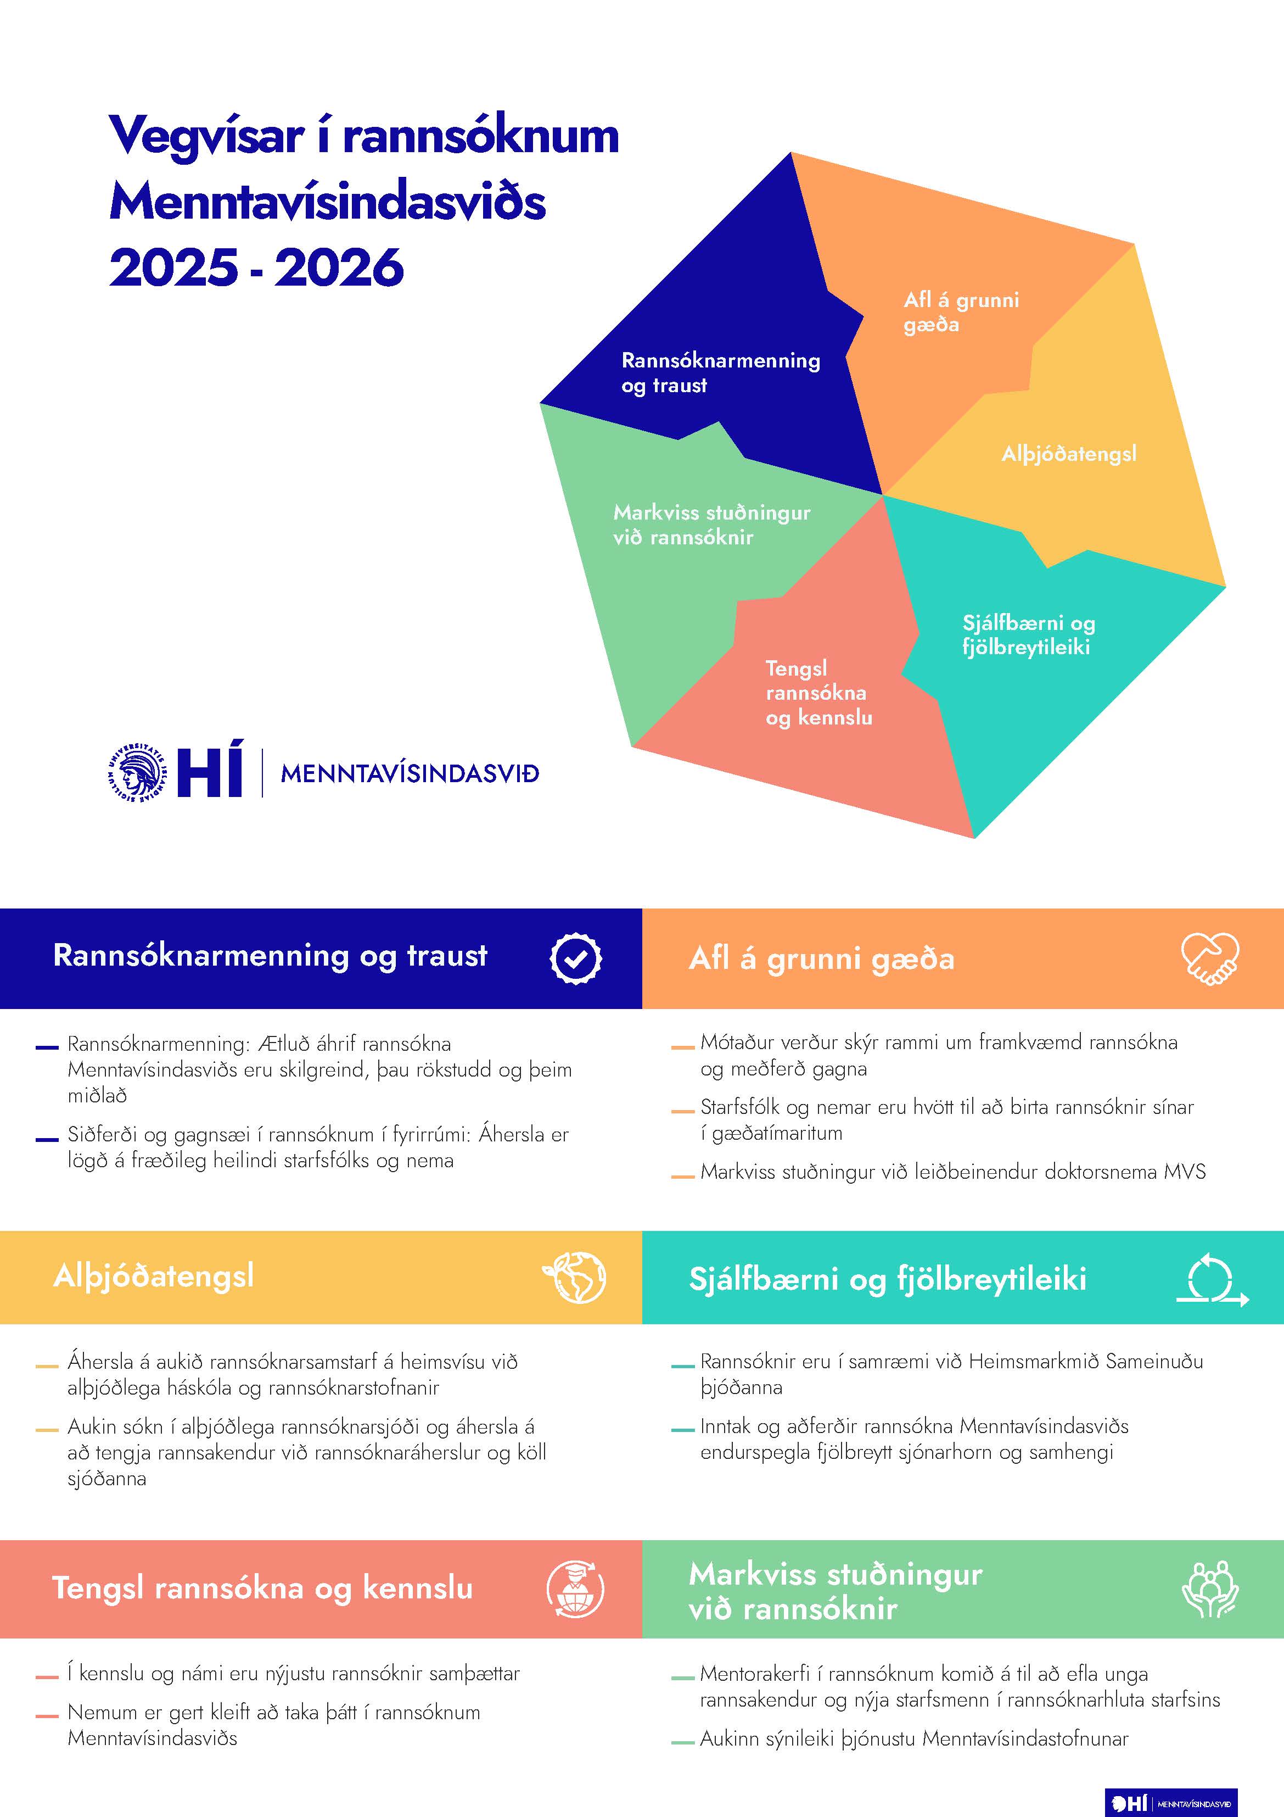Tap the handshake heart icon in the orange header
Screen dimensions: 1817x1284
click(1210, 958)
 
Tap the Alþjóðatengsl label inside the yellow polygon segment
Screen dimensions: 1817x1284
click(1068, 454)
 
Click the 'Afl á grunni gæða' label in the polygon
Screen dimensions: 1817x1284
click(961, 312)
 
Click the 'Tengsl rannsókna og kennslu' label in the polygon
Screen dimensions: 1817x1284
click(818, 693)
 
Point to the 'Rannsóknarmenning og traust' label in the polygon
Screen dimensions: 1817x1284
click(720, 373)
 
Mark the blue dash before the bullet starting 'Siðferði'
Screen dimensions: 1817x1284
click(47, 1140)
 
